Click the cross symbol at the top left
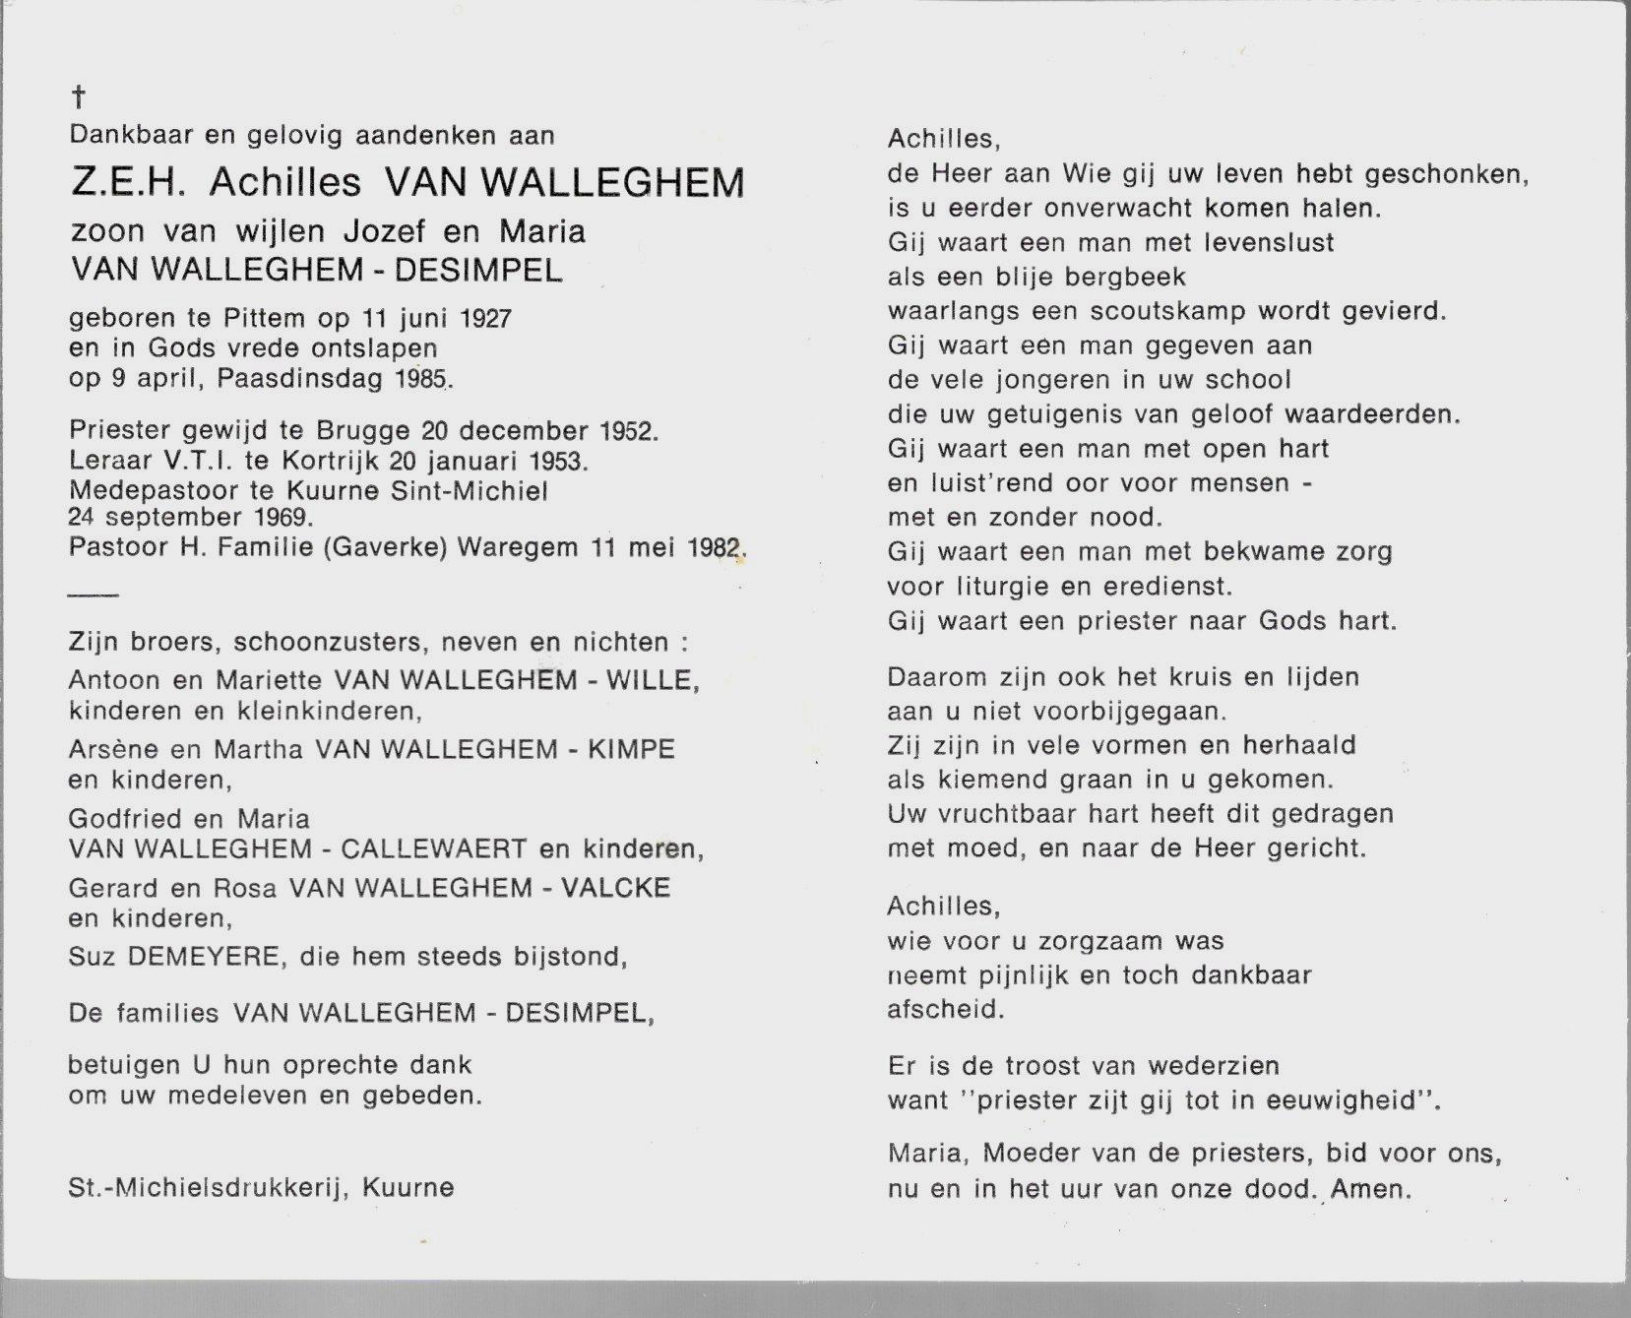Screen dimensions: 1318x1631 point(78,96)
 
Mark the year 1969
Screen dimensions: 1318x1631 point(283,518)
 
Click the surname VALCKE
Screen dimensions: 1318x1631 point(616,888)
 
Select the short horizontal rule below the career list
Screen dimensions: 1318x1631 point(94,595)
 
